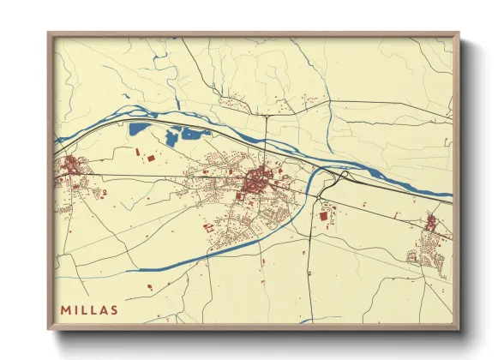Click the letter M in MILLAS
point(67,309)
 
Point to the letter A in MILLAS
point(104,309)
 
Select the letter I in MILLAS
point(76,309)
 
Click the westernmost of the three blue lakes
point(138,130)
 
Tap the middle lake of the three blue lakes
point(173,135)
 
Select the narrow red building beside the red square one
point(137,153)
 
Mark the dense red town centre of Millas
point(256,181)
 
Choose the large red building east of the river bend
point(324,217)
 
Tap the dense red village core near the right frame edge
point(431,224)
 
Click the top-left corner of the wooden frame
point(49,34)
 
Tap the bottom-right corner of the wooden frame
point(459,328)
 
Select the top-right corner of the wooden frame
point(459,34)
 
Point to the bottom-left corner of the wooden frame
point(49,328)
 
